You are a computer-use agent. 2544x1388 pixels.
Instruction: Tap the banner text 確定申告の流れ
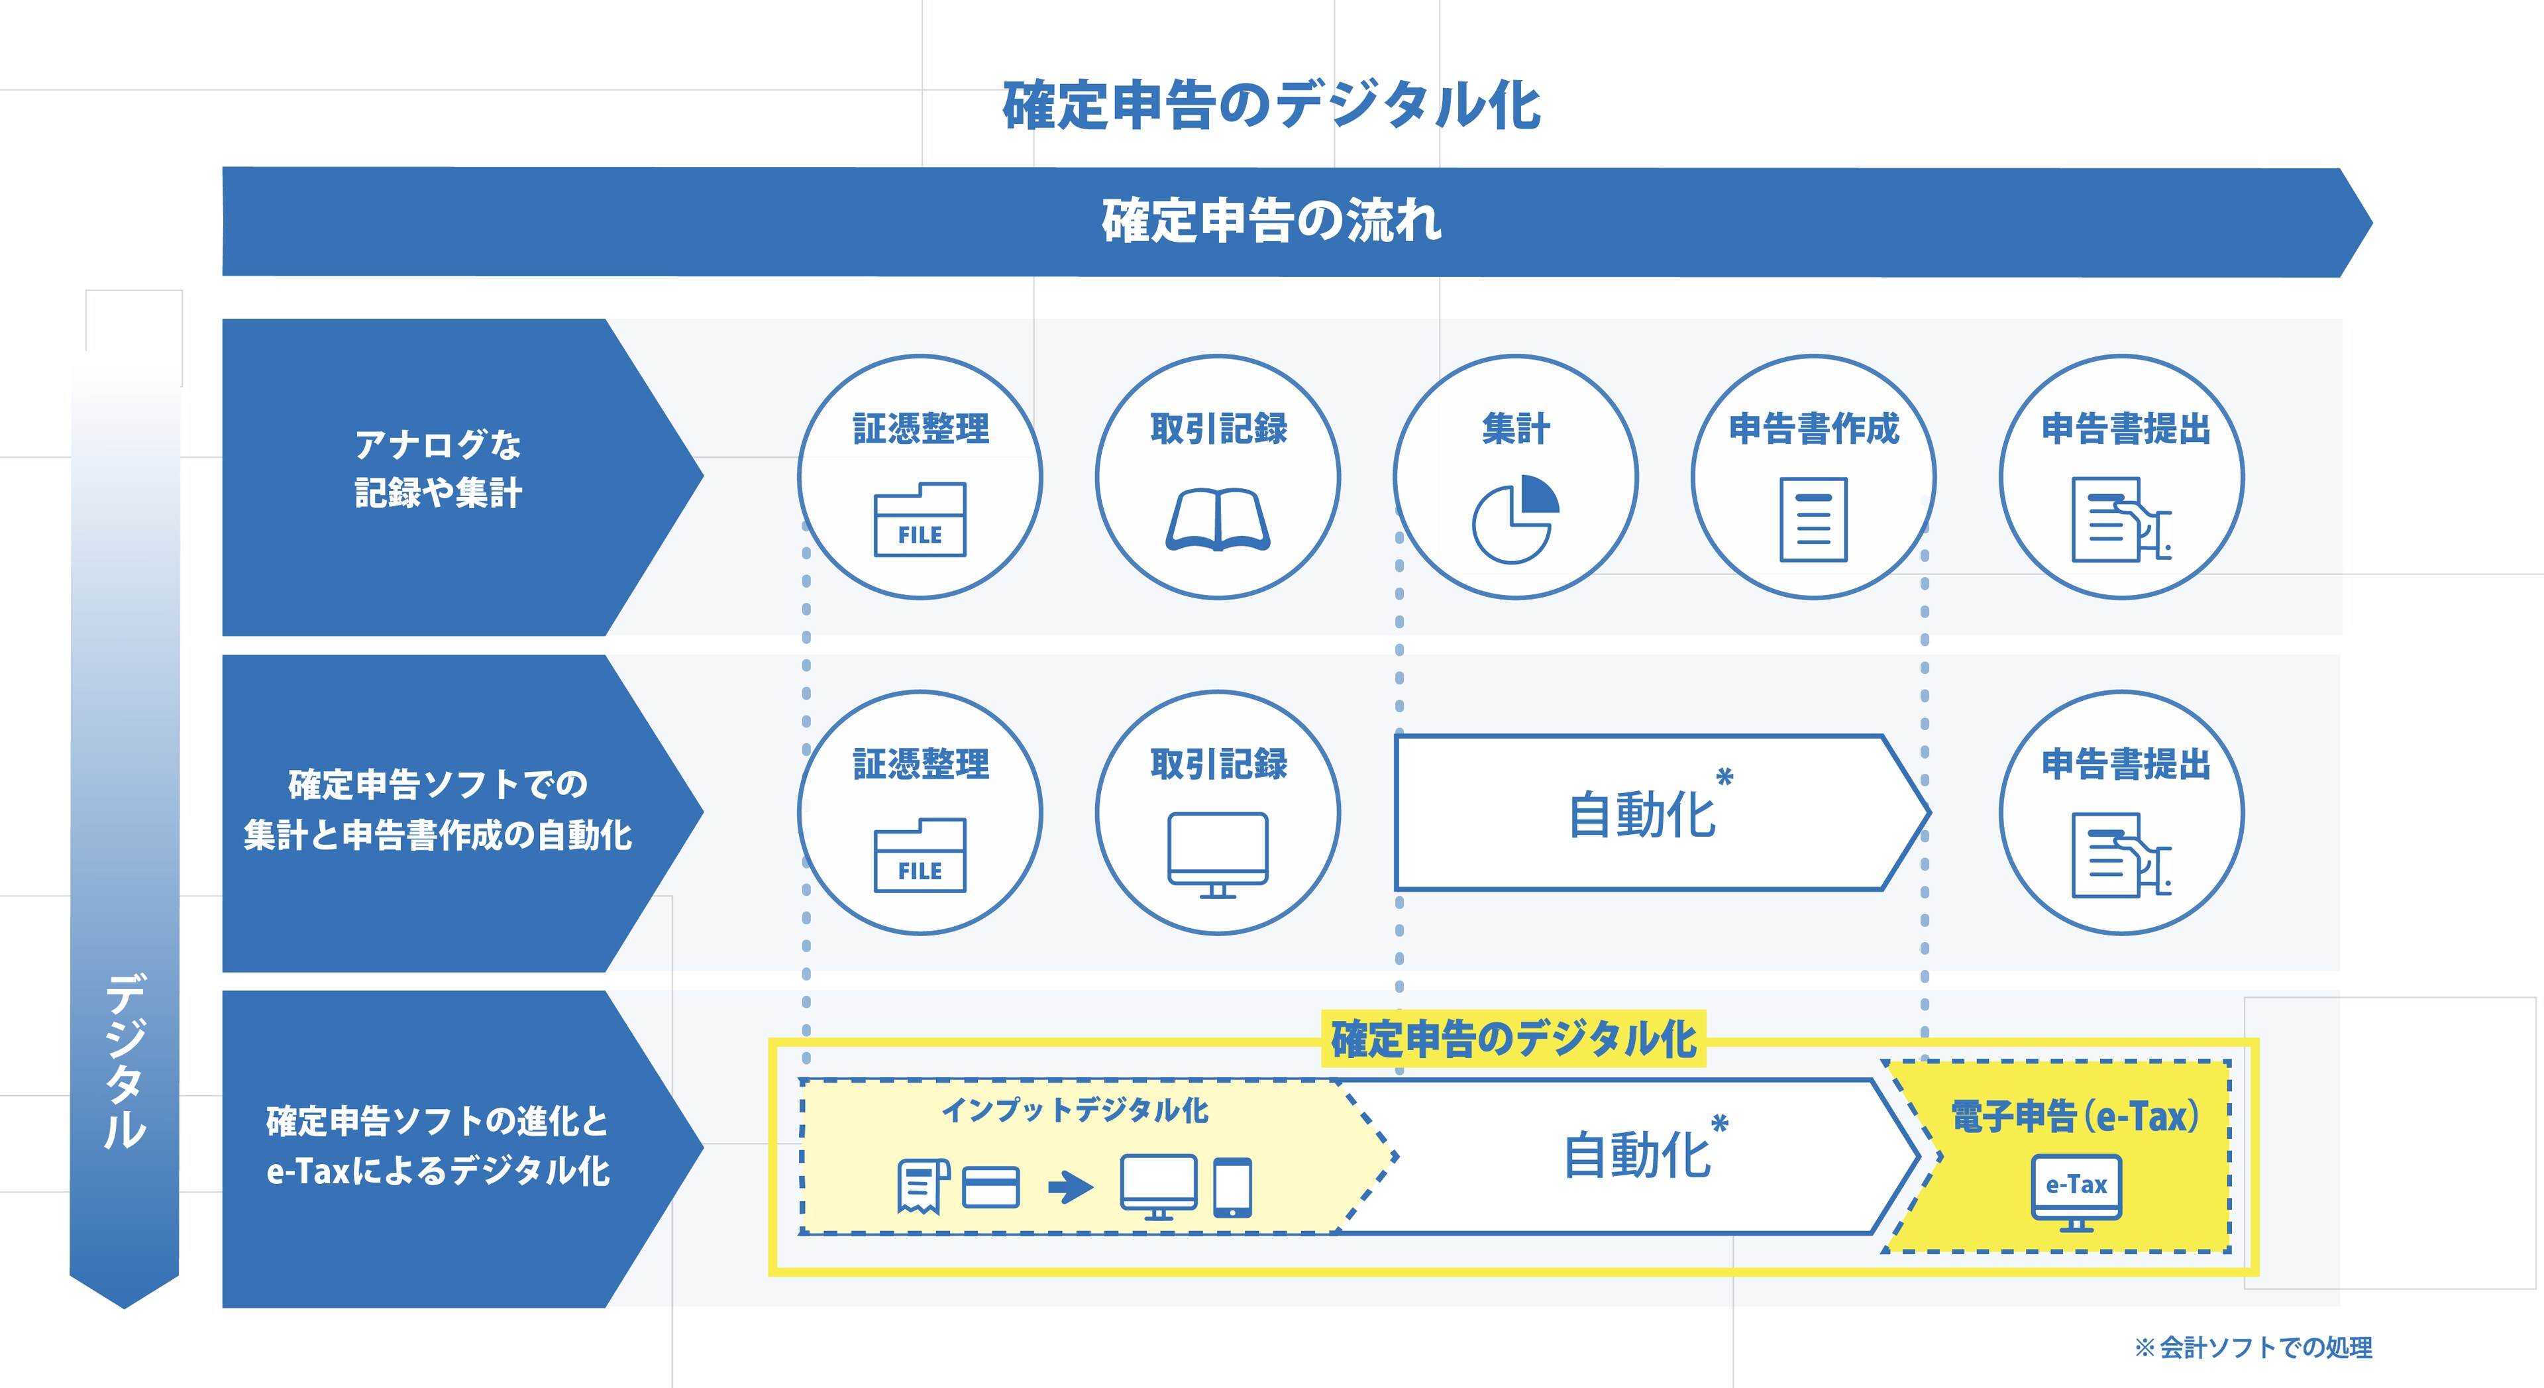pos(1272,221)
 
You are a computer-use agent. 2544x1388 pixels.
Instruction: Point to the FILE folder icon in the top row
pos(920,519)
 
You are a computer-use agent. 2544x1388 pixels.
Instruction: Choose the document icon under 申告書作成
pos(1813,519)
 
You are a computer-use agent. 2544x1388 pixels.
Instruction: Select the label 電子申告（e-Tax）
pos(2075,1117)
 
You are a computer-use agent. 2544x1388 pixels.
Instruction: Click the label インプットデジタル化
pos(1075,1110)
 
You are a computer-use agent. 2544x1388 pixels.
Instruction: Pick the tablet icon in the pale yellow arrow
pos(1232,1187)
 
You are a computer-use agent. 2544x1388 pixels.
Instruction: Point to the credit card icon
pos(990,1187)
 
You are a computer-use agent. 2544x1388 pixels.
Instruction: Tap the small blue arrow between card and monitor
pos(1071,1187)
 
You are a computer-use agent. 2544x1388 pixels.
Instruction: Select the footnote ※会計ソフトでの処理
pos(2252,1348)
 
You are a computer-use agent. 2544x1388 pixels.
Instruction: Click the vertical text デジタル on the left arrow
pos(125,1062)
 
